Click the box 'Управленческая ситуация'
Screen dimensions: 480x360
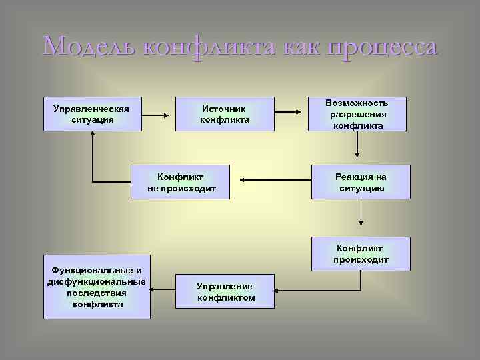tap(93, 113)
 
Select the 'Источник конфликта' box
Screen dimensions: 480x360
tap(225, 114)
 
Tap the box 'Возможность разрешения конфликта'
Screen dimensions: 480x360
tap(360, 114)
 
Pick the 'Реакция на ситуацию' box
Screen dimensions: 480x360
tap(361, 182)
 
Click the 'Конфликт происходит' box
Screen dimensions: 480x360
tap(361, 253)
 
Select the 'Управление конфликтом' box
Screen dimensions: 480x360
tap(225, 291)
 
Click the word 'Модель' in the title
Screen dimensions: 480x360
tap(89, 48)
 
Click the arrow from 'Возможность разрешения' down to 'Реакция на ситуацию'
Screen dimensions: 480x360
tap(358, 143)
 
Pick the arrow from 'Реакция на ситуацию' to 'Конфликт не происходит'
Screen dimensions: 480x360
tap(274, 179)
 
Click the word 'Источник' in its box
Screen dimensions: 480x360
tap(225, 108)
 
